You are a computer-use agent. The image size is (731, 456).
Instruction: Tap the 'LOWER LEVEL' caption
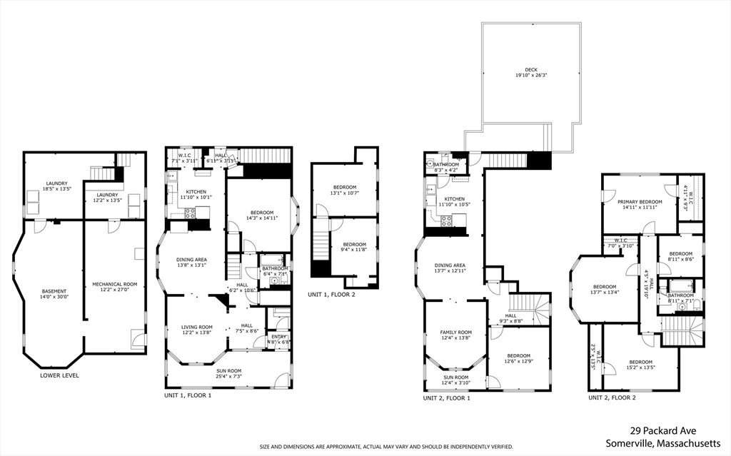click(60, 375)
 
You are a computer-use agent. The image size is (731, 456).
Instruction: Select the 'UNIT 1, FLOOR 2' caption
click(331, 294)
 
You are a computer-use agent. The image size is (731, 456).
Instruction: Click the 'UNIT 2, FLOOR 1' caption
click(446, 398)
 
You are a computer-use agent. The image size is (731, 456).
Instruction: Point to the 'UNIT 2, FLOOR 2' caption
click(612, 397)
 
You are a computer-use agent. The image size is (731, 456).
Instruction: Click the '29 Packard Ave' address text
click(663, 430)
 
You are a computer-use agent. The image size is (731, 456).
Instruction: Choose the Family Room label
click(455, 335)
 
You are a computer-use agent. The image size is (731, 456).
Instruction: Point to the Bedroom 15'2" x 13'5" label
click(640, 365)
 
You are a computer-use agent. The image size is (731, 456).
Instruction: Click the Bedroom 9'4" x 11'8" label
click(349, 246)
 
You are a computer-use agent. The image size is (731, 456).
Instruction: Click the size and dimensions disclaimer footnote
click(386, 447)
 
